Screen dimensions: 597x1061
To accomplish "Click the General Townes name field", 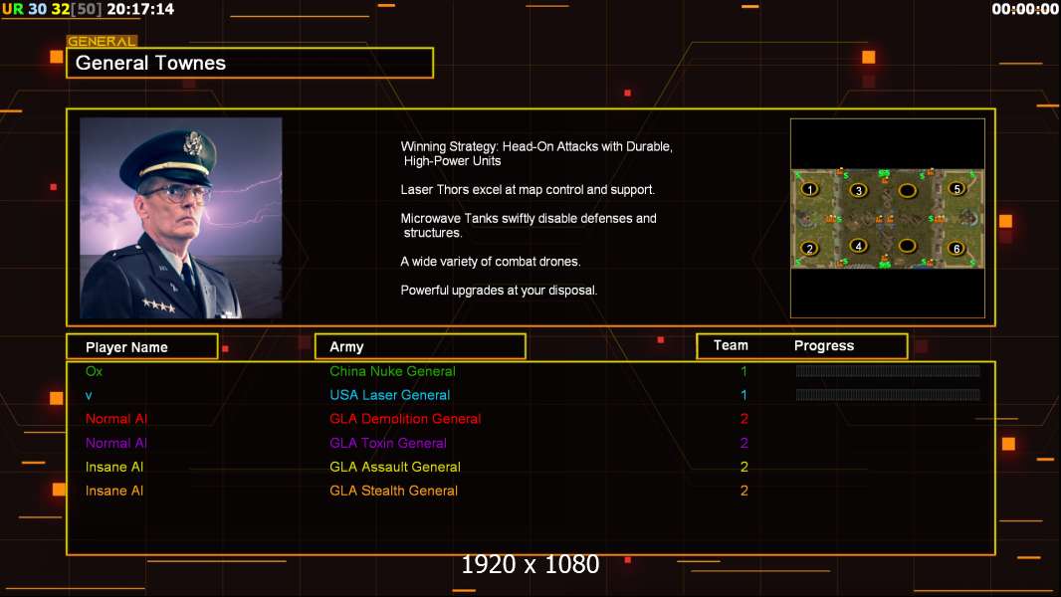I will (x=249, y=63).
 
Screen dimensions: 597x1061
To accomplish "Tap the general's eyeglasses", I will (x=176, y=193).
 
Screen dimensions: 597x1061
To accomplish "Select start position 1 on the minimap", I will (x=810, y=189).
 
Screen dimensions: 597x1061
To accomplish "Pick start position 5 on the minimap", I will (x=956, y=189).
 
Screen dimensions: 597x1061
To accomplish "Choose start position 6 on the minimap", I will (x=956, y=248).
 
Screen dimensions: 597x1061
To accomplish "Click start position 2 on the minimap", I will (x=810, y=248).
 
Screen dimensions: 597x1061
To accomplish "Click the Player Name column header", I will (x=141, y=346).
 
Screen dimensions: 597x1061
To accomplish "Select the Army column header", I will (x=420, y=346).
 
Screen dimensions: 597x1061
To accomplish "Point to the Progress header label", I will (x=824, y=345).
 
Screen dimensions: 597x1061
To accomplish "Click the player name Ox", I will (x=94, y=371).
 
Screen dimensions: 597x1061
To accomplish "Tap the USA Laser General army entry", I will (x=389, y=395).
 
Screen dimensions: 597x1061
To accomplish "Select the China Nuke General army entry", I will (x=392, y=371).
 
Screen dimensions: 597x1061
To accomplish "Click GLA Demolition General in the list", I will (x=405, y=419).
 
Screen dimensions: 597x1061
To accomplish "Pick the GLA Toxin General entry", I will (x=388, y=443).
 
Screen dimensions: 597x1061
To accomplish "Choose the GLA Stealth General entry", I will (x=393, y=491).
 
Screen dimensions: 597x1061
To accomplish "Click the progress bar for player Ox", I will (x=888, y=371).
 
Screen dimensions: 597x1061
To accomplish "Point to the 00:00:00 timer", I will (x=1025, y=9).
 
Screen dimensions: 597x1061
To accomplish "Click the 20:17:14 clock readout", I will (x=140, y=9).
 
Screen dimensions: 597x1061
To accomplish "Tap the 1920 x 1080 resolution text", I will (x=530, y=565).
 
